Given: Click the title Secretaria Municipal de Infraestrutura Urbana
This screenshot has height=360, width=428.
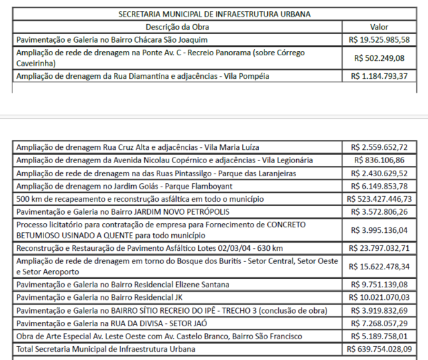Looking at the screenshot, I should coord(215,14).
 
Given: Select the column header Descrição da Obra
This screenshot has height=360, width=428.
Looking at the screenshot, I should coord(177,26).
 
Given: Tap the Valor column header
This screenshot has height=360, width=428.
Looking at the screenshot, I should coord(379,26).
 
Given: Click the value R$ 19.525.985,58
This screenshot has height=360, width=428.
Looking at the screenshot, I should coord(379,40).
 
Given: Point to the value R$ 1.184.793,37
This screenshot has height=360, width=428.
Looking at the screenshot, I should coord(379,76).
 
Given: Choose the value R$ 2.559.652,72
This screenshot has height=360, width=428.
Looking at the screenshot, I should coord(379,147).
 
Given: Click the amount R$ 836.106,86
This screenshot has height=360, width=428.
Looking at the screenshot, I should coord(379,160).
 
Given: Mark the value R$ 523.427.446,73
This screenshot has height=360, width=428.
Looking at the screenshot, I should coord(379,199).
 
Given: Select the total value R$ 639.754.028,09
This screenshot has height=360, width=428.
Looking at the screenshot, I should coord(379,350).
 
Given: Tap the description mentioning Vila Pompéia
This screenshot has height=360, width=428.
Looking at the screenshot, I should coord(142,76).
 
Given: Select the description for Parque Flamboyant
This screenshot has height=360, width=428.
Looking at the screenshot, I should coord(124,186).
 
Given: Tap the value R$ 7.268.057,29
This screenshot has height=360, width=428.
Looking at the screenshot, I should coord(379,323).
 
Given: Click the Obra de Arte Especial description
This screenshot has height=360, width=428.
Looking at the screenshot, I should coord(158,337).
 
